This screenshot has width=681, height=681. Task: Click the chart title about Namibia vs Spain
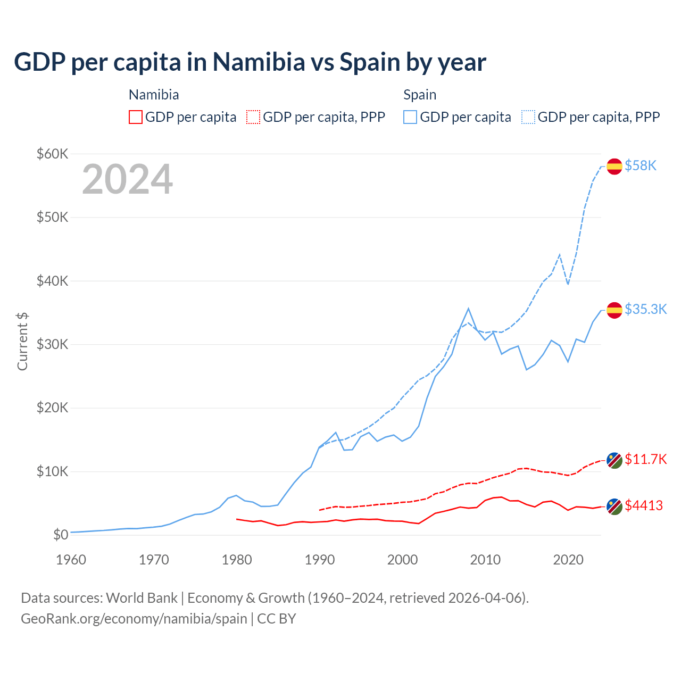tap(250, 62)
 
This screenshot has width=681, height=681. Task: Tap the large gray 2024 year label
tap(128, 179)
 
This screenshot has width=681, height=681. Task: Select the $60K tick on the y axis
tap(52, 154)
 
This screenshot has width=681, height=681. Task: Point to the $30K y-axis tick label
tap(52, 344)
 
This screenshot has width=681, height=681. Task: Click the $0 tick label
tap(61, 535)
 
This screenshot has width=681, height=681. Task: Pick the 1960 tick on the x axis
tap(71, 560)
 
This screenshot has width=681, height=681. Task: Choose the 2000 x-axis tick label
tap(403, 560)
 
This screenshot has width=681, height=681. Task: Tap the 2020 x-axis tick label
tap(568, 560)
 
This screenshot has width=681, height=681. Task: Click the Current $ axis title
tap(22, 341)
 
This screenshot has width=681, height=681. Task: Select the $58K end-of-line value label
tap(641, 166)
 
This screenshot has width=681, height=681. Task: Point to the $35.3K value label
tap(645, 309)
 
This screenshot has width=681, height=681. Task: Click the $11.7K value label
tap(645, 459)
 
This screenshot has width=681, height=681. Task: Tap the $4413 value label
tap(644, 505)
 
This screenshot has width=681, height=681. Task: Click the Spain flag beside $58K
tap(614, 166)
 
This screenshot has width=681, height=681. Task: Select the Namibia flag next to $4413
tap(614, 506)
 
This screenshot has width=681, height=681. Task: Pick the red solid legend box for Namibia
tap(136, 117)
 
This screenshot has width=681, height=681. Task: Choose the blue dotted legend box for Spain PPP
tap(528, 117)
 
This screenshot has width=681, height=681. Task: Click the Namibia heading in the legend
tap(154, 95)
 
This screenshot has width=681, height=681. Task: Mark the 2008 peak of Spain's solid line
tap(468, 308)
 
